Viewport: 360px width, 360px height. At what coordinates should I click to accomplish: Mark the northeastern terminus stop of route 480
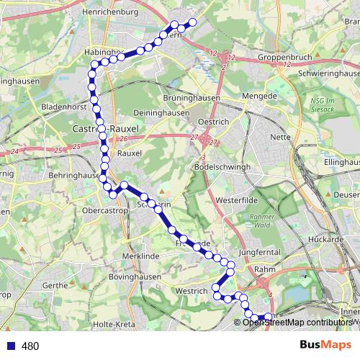click(193, 22)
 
